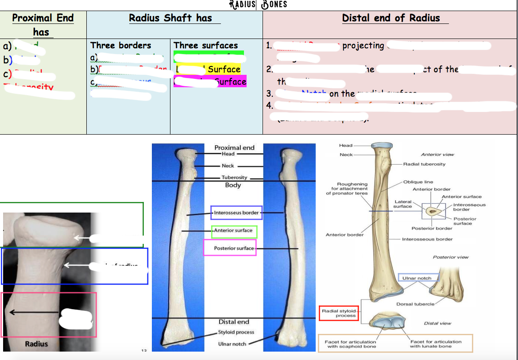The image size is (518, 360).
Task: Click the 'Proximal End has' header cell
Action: click(43, 25)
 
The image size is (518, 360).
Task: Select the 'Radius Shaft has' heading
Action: click(170, 18)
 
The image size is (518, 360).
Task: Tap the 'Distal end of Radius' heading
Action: click(391, 18)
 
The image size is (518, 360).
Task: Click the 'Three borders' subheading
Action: click(120, 46)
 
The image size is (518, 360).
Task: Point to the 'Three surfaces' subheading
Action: click(206, 46)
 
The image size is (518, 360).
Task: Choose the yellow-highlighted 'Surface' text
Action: click(224, 69)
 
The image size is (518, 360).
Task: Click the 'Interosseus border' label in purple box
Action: click(236, 213)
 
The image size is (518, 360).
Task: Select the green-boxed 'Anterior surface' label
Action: click(233, 231)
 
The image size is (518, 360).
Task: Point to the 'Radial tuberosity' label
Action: click(424, 164)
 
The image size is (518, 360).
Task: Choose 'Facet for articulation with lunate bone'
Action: click(436, 344)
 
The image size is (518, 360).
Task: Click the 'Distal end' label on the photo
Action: click(234, 322)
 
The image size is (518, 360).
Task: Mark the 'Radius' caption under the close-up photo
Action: click(36, 344)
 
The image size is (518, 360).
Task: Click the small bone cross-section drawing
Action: click(431, 212)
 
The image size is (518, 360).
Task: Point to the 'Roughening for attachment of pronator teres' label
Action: click(347, 189)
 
